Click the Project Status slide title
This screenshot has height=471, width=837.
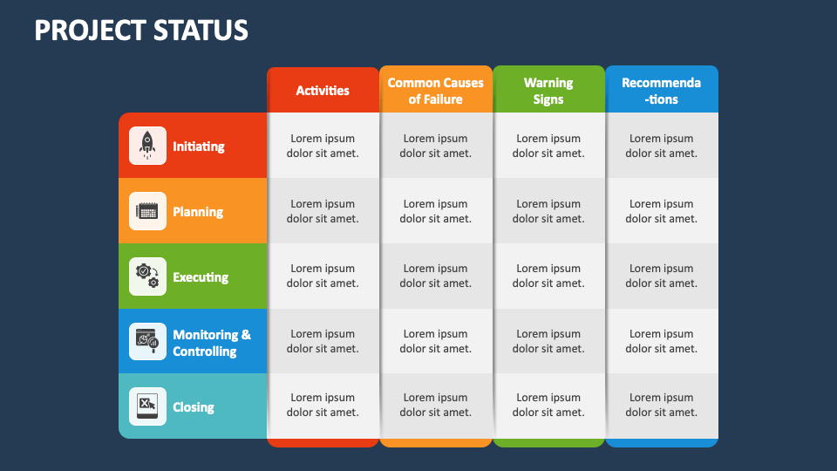(x=141, y=31)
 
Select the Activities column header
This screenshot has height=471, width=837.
(x=323, y=91)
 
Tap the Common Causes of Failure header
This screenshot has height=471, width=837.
(x=435, y=91)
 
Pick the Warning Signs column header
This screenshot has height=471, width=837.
(x=548, y=91)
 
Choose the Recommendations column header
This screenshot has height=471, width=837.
(x=661, y=91)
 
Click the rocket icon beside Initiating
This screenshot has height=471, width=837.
(x=147, y=146)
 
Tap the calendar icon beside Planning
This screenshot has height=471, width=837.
(x=147, y=211)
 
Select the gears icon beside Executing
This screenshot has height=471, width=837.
(x=147, y=276)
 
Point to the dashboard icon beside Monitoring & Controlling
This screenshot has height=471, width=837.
(x=147, y=342)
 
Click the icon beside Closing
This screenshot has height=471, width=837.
(x=147, y=406)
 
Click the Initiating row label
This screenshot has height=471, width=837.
(x=199, y=147)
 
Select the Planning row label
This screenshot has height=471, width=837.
(x=198, y=212)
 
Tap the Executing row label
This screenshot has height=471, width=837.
(x=201, y=277)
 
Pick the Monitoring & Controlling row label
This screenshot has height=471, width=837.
(x=212, y=343)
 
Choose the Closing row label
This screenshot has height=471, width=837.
(x=194, y=407)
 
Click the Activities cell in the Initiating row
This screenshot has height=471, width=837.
(x=323, y=146)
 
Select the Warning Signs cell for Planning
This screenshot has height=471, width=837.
(x=548, y=211)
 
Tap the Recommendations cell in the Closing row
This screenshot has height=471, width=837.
(x=661, y=406)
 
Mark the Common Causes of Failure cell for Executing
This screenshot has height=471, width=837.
(x=435, y=276)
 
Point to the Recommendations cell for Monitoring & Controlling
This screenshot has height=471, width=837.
(x=661, y=341)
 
